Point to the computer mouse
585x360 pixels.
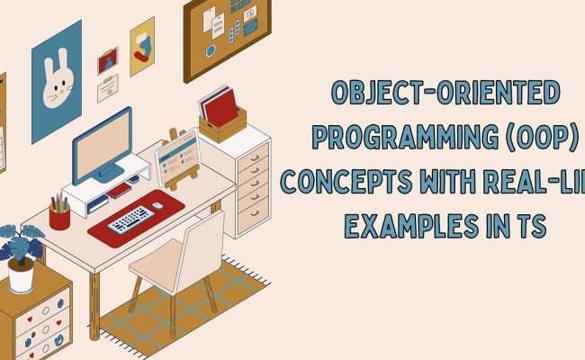[157, 204]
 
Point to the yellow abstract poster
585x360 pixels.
[142, 46]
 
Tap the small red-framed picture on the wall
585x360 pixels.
[108, 60]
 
